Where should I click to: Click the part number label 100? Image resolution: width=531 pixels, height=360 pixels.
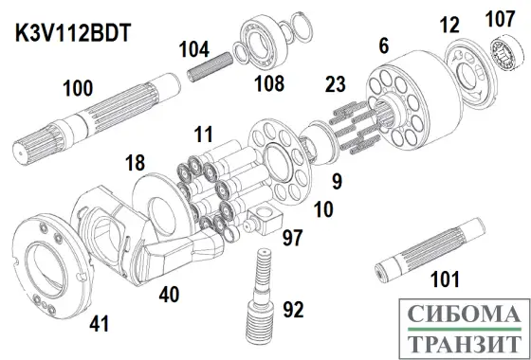[78, 89]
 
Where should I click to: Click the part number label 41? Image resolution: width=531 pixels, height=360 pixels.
[99, 323]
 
